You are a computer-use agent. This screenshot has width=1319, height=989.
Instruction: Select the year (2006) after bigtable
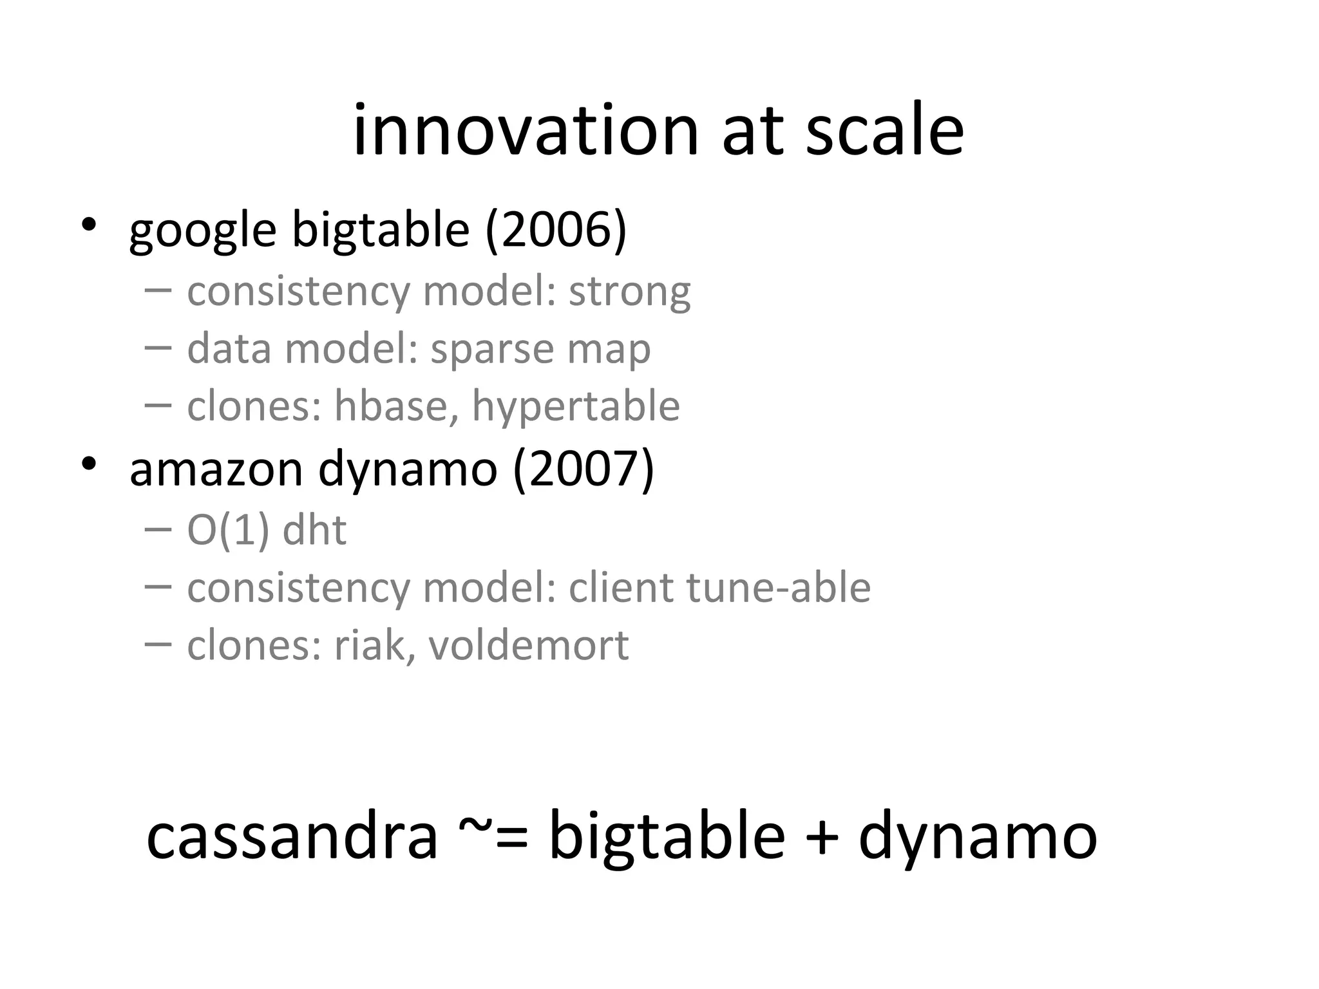coord(556,230)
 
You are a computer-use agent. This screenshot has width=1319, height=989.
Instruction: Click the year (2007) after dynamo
coord(584,469)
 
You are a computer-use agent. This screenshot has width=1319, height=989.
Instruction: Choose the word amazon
coord(216,470)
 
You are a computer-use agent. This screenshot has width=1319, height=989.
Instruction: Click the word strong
coord(629,292)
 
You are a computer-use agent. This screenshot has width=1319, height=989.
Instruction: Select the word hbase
coord(396,406)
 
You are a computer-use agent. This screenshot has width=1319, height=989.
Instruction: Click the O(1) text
coord(227,531)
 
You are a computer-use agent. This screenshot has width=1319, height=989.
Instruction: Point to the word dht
coord(314,531)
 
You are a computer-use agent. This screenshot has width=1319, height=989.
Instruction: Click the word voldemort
coord(528,645)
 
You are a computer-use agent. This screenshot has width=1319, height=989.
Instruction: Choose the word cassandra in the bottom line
coord(292,837)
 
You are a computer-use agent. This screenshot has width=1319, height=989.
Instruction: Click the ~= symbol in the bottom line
coord(493,837)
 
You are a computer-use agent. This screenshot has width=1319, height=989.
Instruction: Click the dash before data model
coord(158,348)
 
